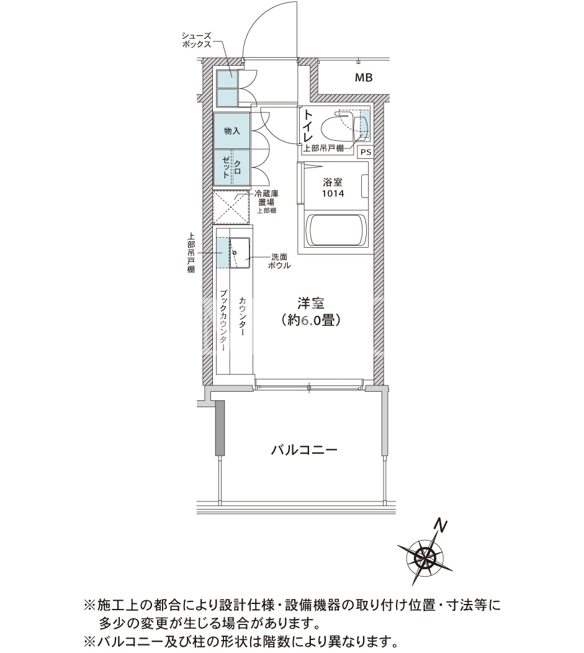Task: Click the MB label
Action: click(364, 78)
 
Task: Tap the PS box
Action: click(366, 153)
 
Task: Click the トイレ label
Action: click(308, 125)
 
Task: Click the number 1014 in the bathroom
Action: click(333, 194)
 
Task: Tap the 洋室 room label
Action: click(310, 303)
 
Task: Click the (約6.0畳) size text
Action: click(311, 320)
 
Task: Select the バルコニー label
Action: click(304, 450)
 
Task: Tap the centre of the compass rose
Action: click(425, 554)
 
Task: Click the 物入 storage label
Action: click(232, 131)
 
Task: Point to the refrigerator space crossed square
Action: click(231, 208)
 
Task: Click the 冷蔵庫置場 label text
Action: click(266, 198)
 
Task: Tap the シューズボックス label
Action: click(197, 40)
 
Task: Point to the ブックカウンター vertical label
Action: click(223, 321)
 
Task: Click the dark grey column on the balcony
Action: click(220, 428)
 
